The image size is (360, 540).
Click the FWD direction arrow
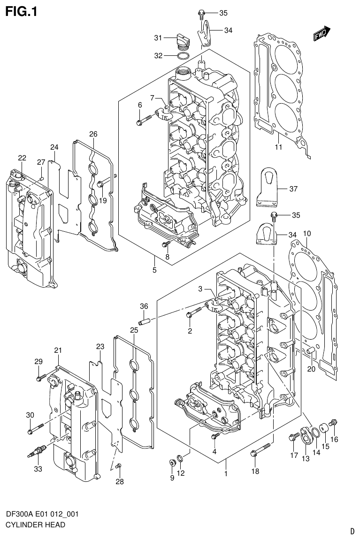[322, 34]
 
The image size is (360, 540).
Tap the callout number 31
[159, 38]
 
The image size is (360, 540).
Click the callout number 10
[307, 234]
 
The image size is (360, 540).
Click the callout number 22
[22, 158]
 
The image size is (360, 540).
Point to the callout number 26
[93, 134]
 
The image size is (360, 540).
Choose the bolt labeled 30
[35, 428]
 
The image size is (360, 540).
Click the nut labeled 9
[172, 464]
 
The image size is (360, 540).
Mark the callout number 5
[154, 270]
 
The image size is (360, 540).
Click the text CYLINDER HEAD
[35, 525]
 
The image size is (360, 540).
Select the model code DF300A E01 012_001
[42, 514]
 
